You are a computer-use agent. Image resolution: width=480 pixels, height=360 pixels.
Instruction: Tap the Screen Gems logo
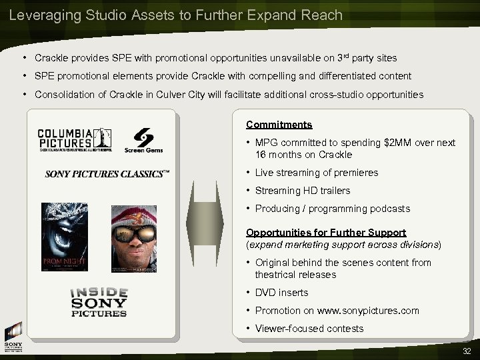point(143,139)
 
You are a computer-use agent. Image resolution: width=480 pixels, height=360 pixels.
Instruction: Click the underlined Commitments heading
point(279,125)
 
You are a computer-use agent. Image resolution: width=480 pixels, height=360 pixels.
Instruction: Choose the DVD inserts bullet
point(281,293)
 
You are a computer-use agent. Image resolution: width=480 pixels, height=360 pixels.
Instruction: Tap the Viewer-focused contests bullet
point(310,329)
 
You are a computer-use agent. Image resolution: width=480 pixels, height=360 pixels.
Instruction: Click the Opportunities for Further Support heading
point(326,232)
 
